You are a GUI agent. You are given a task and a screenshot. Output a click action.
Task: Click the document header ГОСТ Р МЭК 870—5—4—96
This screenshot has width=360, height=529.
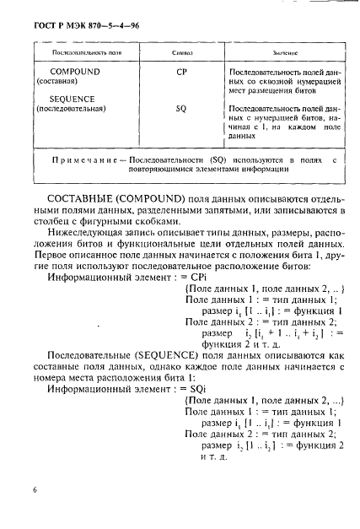(x=73, y=26)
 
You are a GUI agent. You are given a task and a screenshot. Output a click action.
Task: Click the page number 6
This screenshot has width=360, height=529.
(x=35, y=489)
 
